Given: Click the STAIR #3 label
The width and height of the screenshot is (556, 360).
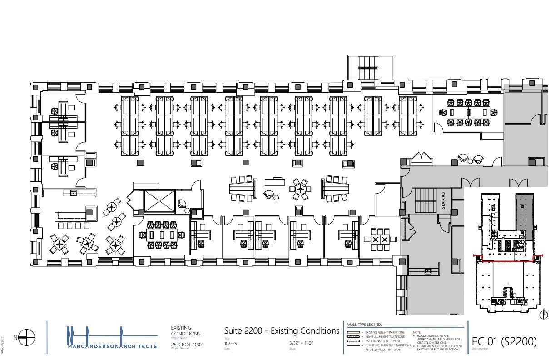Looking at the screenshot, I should [x=443, y=200].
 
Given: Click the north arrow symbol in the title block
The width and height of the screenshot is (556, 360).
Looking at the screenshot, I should [x=27, y=337].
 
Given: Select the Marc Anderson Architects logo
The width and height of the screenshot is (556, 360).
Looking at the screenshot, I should [x=112, y=338].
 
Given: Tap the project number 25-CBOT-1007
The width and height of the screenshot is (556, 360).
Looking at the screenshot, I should [x=187, y=345].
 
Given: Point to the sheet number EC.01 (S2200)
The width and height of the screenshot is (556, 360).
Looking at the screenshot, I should [x=504, y=341].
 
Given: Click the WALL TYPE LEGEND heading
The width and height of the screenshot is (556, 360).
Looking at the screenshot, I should [x=364, y=325].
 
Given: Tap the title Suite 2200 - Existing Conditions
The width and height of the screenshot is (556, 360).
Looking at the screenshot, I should [x=282, y=331].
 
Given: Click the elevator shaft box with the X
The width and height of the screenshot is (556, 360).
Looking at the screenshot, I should [x=159, y=201].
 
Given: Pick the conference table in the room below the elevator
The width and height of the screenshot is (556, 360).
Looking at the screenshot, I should [x=163, y=235].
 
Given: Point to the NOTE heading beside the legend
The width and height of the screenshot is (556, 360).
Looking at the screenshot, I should [x=417, y=332].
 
